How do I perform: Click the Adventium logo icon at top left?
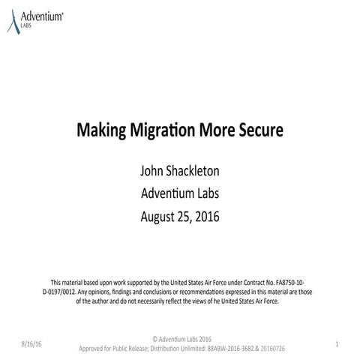point(11,18)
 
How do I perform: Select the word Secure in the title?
point(261,130)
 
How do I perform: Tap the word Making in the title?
point(100,130)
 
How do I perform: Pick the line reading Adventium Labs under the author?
point(180,194)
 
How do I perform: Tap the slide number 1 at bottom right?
point(338,343)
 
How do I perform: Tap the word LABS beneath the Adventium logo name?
point(28,23)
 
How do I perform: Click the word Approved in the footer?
point(94,349)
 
